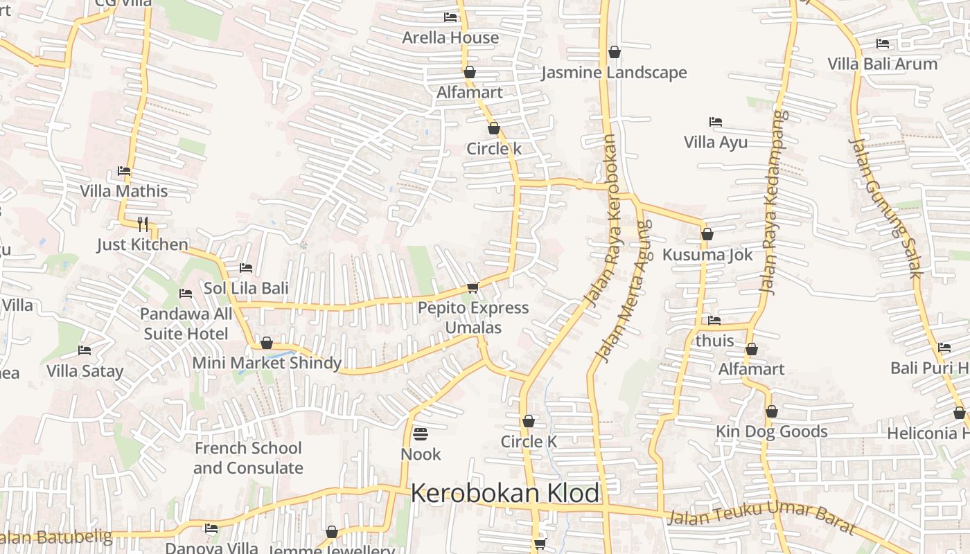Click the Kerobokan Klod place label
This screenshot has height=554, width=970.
505,494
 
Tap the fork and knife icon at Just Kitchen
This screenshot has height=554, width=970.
143,224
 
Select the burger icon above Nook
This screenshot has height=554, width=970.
421,434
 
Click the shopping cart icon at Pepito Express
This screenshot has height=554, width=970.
473,287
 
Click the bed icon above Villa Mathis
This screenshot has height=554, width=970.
124,171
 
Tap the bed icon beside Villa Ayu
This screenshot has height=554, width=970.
716,122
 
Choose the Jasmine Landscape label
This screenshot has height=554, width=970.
614,73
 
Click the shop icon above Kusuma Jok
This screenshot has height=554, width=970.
707,234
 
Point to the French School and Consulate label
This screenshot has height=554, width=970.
248,458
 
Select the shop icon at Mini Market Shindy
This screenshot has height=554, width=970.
267,343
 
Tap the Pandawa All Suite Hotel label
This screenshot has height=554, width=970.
186,323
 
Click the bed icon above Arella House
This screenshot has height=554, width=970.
450,17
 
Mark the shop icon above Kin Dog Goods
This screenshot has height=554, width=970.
772,412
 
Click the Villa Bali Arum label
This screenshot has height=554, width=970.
882,64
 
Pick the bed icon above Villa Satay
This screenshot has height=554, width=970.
85,350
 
